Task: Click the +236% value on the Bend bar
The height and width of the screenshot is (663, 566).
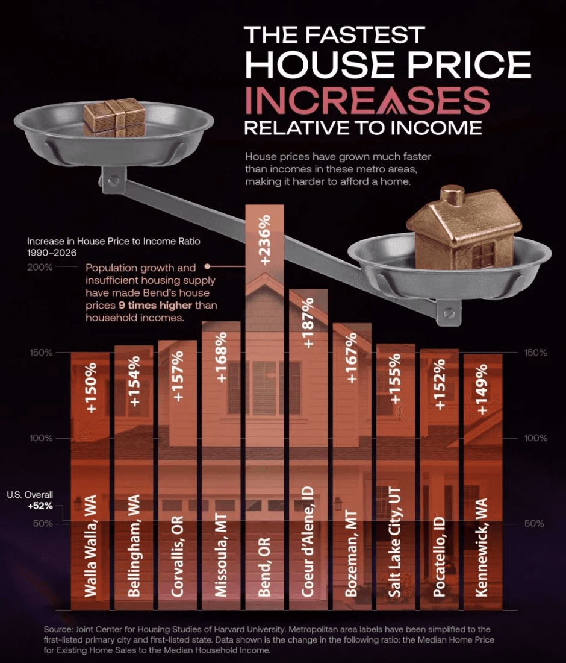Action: [x=264, y=240]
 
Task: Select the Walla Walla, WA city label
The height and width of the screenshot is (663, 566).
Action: [x=90, y=545]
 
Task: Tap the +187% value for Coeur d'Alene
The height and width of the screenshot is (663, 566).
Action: [x=308, y=322]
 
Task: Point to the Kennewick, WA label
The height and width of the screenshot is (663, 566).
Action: [x=482, y=547]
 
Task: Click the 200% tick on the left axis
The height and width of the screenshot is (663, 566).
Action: [x=41, y=267]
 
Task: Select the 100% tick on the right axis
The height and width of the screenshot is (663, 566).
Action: [x=535, y=438]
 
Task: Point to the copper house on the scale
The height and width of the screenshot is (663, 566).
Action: [x=464, y=229]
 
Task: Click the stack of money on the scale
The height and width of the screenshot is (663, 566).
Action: [x=114, y=117]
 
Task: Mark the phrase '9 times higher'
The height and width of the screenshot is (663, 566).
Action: [x=156, y=306]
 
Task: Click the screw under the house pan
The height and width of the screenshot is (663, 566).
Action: [x=449, y=314]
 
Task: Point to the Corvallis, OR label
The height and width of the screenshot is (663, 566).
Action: [x=178, y=556]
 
